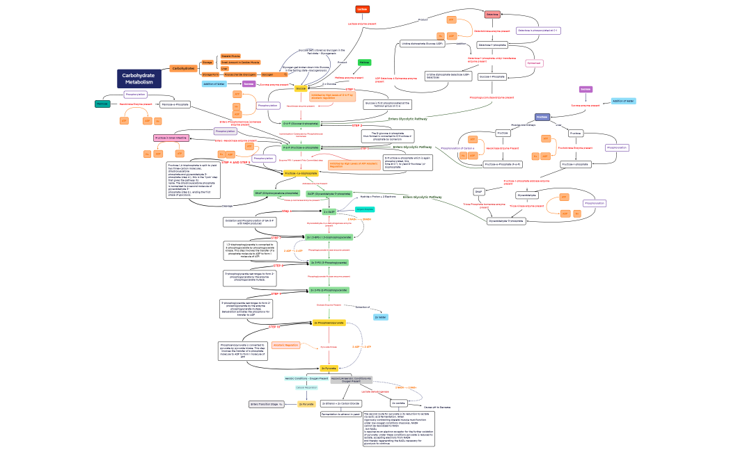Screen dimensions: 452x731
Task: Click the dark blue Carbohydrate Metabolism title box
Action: pos(139,79)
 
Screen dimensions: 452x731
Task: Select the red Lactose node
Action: pos(362,9)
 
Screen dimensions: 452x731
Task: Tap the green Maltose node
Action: pos(363,62)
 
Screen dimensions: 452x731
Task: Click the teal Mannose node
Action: pos(102,104)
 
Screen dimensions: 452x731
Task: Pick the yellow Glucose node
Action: pos(301,88)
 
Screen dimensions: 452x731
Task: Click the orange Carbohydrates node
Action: pos(182,68)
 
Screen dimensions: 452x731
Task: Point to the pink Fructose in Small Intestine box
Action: pos(171,138)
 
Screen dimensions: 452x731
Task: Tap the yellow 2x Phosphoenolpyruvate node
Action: pos(329,323)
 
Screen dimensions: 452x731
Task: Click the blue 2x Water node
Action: pos(380,317)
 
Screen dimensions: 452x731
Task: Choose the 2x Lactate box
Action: pos(398,403)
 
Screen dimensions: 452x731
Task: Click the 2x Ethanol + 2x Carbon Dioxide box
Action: pos(340,403)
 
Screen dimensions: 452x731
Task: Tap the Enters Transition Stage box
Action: pos(267,403)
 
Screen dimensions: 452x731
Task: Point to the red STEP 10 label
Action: pos(274,327)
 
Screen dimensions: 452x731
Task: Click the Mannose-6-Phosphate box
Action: pos(175,104)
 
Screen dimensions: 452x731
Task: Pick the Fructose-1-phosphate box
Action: pos(576,164)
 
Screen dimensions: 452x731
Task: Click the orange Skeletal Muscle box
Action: pos(230,56)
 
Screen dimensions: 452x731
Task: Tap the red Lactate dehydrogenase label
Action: pos(375,392)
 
